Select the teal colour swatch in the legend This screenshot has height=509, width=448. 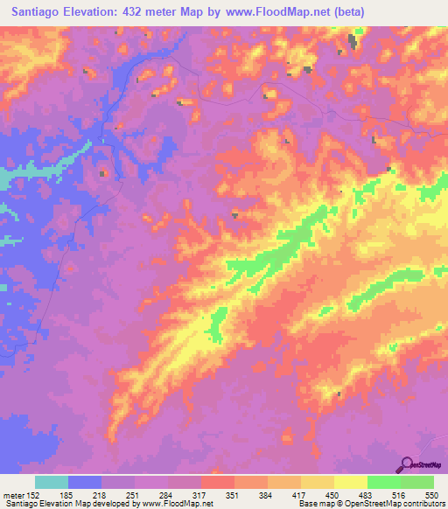52,482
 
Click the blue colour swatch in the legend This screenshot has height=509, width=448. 85,482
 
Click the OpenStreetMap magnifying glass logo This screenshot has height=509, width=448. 407,464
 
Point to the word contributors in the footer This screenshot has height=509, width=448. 423,504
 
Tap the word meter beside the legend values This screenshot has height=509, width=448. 12,494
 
